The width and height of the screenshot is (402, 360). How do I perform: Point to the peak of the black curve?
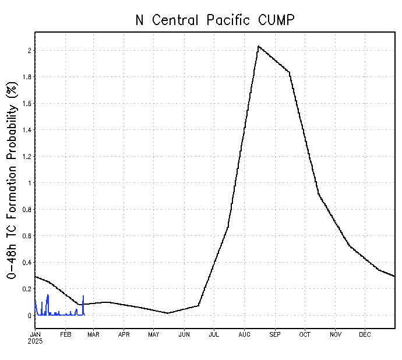(258, 46)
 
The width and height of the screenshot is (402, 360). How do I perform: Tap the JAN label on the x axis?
(35, 334)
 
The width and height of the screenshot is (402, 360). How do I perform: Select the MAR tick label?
(94, 334)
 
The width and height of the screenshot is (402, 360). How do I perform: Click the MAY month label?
(154, 334)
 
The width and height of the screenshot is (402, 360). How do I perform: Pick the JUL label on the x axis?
(214, 334)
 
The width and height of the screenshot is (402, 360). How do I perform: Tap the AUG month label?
(244, 334)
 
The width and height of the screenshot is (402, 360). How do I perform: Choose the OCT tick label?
(305, 334)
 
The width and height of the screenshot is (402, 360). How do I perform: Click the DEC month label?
(365, 334)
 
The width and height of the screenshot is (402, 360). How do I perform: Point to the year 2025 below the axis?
(36, 341)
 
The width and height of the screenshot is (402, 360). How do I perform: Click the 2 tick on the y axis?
(28, 51)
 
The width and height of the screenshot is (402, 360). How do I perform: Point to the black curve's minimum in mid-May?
(168, 313)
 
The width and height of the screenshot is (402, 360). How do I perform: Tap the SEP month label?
(275, 334)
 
